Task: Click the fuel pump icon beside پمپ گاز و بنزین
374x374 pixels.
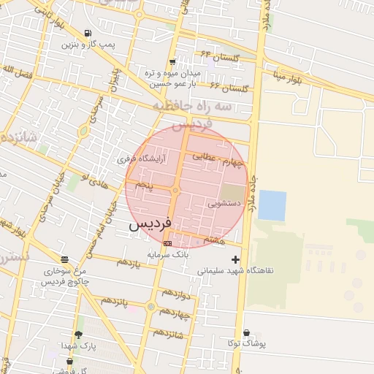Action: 88,34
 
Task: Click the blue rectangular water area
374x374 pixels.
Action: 272,205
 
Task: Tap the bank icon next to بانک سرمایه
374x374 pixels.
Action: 168,243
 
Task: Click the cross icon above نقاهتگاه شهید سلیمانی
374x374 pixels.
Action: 235,259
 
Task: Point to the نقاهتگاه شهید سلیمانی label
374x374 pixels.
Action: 235,270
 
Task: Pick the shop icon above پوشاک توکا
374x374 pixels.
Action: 246,332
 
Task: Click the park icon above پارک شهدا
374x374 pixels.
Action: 78,335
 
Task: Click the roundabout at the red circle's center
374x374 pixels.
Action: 176,191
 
